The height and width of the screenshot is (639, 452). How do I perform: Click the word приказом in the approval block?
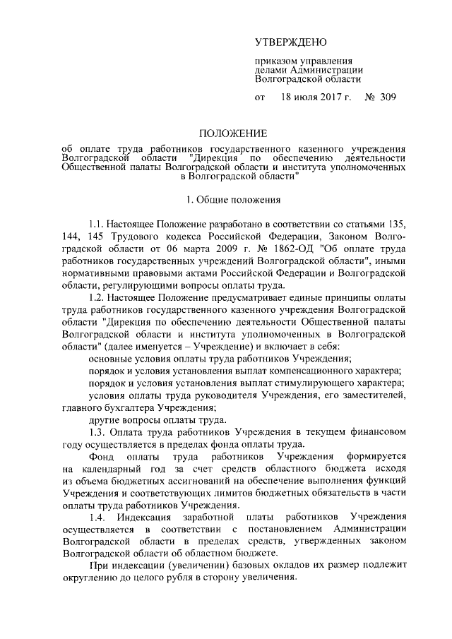[276, 61]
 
